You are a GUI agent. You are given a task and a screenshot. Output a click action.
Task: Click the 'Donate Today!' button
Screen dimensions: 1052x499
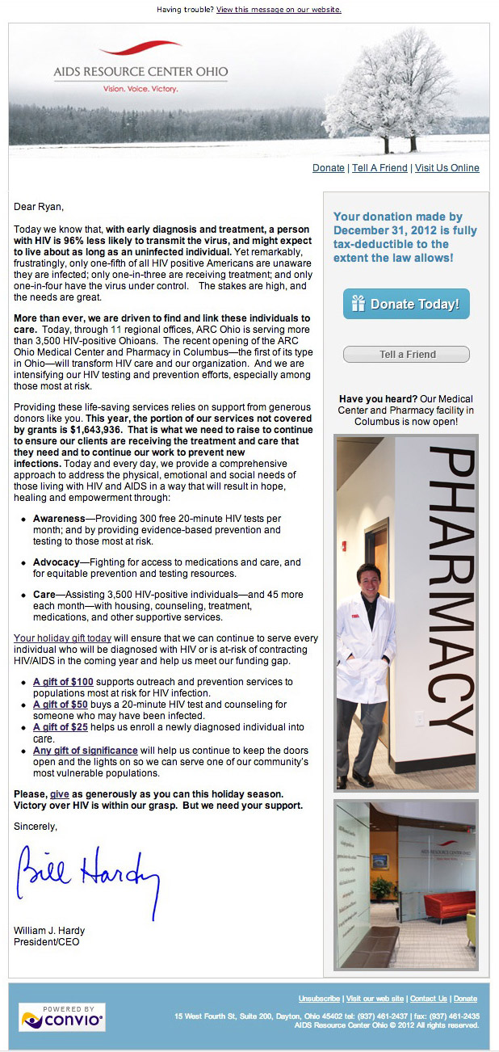[x=406, y=304]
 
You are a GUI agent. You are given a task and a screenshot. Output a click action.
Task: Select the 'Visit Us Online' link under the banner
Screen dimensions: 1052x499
[x=447, y=168]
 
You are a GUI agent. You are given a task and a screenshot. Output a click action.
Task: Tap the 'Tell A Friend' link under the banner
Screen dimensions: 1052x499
[x=379, y=168]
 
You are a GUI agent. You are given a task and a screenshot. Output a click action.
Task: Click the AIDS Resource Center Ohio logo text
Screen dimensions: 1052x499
[x=140, y=72]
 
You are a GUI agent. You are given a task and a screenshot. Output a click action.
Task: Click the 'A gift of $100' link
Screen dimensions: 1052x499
[x=63, y=682]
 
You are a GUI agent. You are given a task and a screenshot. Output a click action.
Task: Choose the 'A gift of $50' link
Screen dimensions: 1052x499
[x=61, y=705]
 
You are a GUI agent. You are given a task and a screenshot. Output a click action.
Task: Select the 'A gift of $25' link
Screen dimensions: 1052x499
[x=61, y=727]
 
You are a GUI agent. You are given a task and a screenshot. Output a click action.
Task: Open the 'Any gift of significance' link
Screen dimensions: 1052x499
[x=85, y=750]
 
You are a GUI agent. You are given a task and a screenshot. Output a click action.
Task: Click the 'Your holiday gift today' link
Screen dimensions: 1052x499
[x=62, y=638]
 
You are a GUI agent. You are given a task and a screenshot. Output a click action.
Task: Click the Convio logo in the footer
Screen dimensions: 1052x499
[x=62, y=1017]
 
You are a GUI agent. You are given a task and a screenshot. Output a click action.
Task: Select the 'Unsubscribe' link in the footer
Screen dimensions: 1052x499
[x=319, y=999]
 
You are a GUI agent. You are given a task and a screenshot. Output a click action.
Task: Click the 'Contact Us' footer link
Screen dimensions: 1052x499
[x=428, y=999]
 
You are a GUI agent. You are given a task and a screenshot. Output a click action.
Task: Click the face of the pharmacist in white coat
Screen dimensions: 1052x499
[x=368, y=577]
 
